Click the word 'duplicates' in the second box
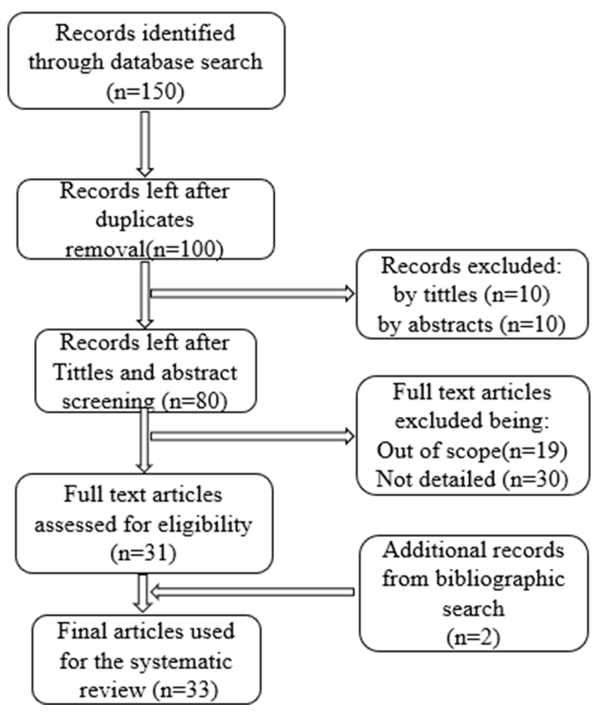[145, 220]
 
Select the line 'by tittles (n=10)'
[472, 294]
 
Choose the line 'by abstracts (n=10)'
[472, 324]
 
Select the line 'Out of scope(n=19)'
[472, 451]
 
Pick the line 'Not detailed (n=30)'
[472, 479]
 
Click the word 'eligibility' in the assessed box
[205, 524]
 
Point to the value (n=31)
[144, 553]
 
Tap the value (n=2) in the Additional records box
[473, 638]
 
